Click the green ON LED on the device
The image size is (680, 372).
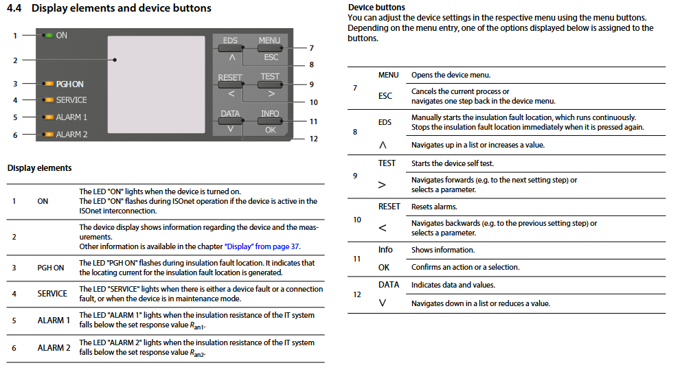(48, 35)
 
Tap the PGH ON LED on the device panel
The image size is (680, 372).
(48, 84)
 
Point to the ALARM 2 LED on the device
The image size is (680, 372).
(48, 135)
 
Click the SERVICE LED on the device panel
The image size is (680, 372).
(48, 100)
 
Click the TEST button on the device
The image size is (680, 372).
(269, 85)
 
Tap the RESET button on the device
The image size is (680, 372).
(230, 85)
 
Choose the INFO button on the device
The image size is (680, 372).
(269, 121)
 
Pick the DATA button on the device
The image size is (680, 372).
(230, 121)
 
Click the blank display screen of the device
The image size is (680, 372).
(157, 84)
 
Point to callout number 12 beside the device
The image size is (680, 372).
(313, 139)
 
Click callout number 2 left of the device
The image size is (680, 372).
(14, 60)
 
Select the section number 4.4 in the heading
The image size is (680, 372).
(16, 9)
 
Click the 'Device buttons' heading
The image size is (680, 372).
(376, 8)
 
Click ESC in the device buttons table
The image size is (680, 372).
(385, 96)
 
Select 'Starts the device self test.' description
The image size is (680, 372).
(452, 163)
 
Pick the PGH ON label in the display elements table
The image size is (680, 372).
(51, 268)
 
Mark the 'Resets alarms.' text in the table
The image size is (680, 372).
(433, 207)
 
